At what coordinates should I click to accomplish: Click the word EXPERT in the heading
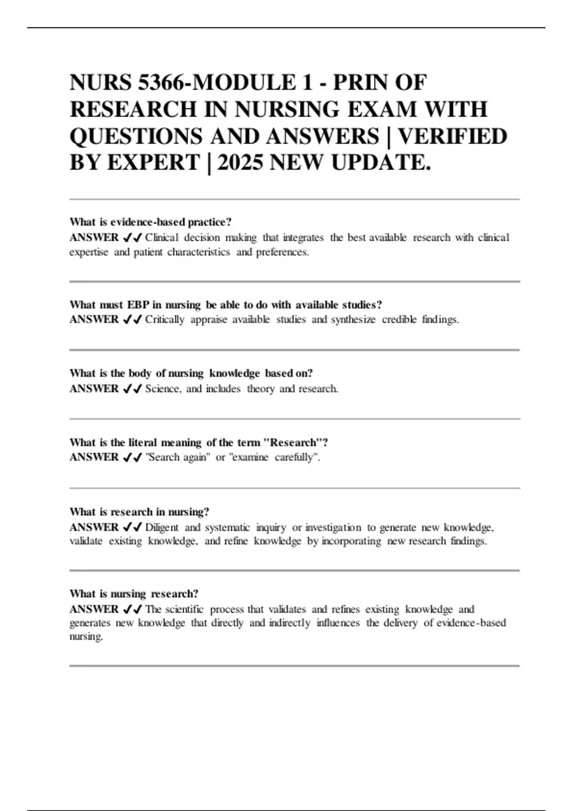coord(153,163)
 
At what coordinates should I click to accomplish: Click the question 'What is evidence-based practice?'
coord(150,222)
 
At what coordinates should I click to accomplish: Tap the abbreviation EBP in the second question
coord(138,305)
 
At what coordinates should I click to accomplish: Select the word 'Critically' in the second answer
coord(165,320)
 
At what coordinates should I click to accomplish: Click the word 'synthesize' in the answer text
coord(353,320)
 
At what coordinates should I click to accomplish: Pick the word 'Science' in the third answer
coord(162,389)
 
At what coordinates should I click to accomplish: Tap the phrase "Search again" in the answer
coord(178,457)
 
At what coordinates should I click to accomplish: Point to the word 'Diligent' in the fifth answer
coord(162,528)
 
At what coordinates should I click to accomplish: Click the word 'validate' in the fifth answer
coord(86,541)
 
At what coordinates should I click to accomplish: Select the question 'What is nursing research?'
coord(134,594)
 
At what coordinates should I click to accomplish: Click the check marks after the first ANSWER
coord(132,238)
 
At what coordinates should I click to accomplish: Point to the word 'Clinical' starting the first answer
coord(162,238)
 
